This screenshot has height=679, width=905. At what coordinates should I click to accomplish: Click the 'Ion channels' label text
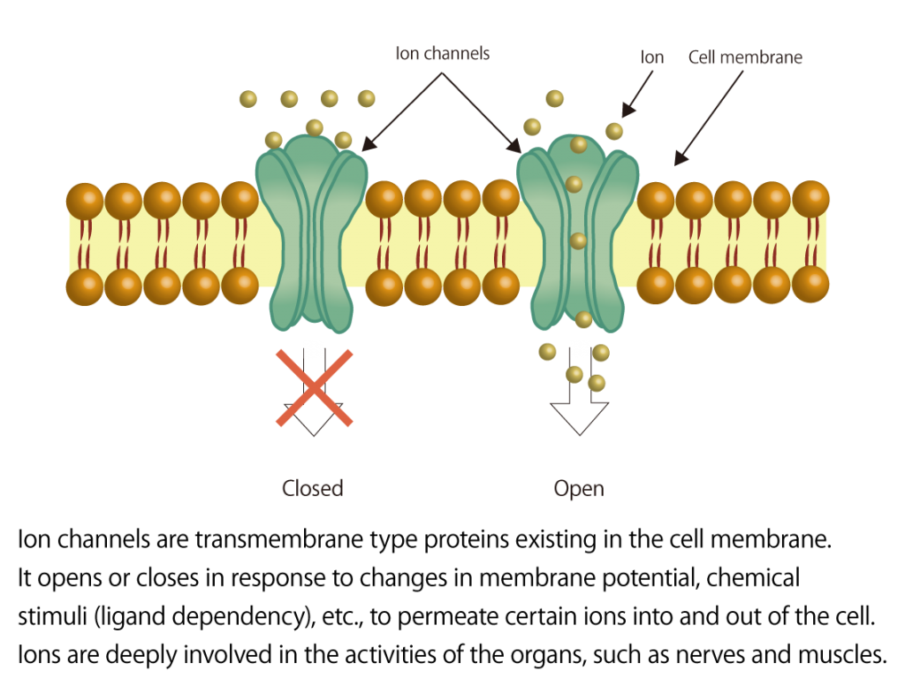click(x=442, y=54)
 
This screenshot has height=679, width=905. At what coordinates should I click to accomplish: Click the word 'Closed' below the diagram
click(x=312, y=488)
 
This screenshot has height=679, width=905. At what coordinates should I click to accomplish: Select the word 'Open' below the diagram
click(x=579, y=489)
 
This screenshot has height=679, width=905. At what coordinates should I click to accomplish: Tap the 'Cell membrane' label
click(x=745, y=57)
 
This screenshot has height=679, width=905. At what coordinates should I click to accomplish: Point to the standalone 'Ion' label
click(x=652, y=57)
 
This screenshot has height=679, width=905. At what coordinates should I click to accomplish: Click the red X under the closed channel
click(x=315, y=388)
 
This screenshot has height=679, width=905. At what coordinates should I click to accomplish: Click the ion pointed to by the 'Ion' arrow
click(x=614, y=132)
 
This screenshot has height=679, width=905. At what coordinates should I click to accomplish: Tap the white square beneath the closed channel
click(x=314, y=349)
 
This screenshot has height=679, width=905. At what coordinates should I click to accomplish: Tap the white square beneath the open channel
click(x=580, y=348)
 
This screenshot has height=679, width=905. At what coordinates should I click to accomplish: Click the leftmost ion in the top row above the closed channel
click(x=248, y=99)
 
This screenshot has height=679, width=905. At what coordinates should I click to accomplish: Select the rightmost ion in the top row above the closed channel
click(x=366, y=98)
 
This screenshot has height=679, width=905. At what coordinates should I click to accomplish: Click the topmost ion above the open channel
click(x=554, y=98)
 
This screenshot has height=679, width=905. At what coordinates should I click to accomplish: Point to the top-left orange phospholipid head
click(x=85, y=201)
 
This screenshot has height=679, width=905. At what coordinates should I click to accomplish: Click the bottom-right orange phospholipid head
click(x=810, y=285)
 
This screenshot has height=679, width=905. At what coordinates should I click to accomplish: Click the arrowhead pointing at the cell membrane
click(x=679, y=160)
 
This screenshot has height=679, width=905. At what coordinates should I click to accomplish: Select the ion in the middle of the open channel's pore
click(x=578, y=240)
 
